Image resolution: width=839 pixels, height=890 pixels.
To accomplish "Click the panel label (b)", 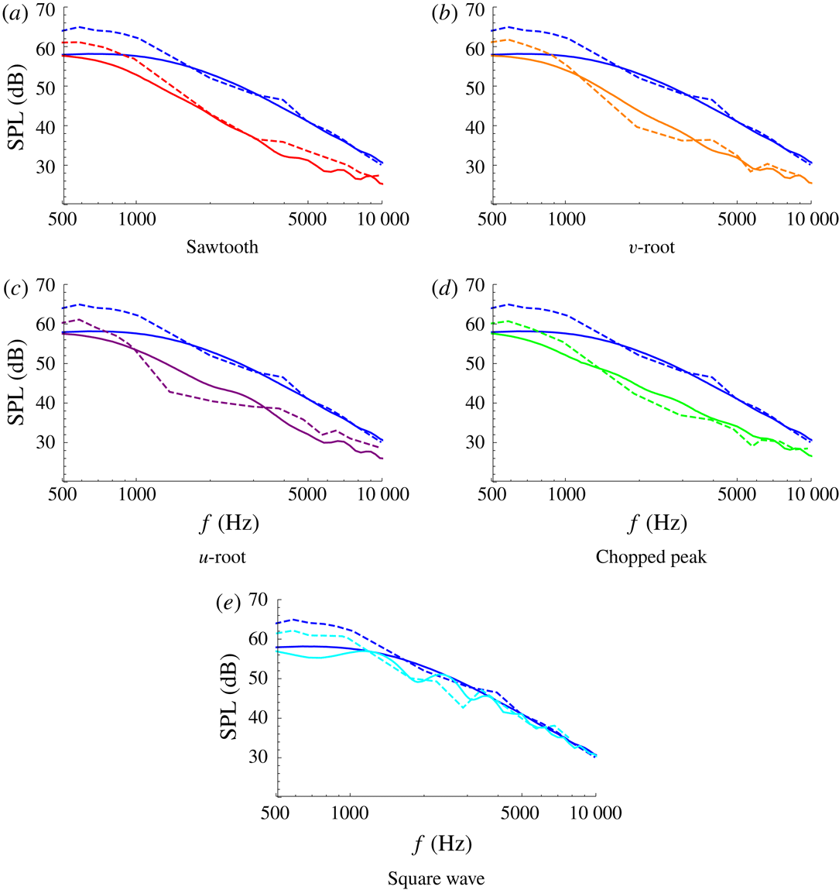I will click(445, 12).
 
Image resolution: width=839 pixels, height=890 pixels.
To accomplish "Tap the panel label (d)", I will click(445, 288).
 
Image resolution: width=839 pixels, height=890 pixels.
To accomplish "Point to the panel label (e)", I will click(231, 603).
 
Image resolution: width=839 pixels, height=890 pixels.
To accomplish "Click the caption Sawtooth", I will click(222, 248).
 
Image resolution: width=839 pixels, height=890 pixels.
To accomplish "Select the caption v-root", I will click(651, 248).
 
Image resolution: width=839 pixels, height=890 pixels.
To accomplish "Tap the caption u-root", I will click(222, 557).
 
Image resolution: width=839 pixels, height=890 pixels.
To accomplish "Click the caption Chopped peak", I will click(651, 557).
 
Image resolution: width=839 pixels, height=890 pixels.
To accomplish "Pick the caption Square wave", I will click(437, 879).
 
